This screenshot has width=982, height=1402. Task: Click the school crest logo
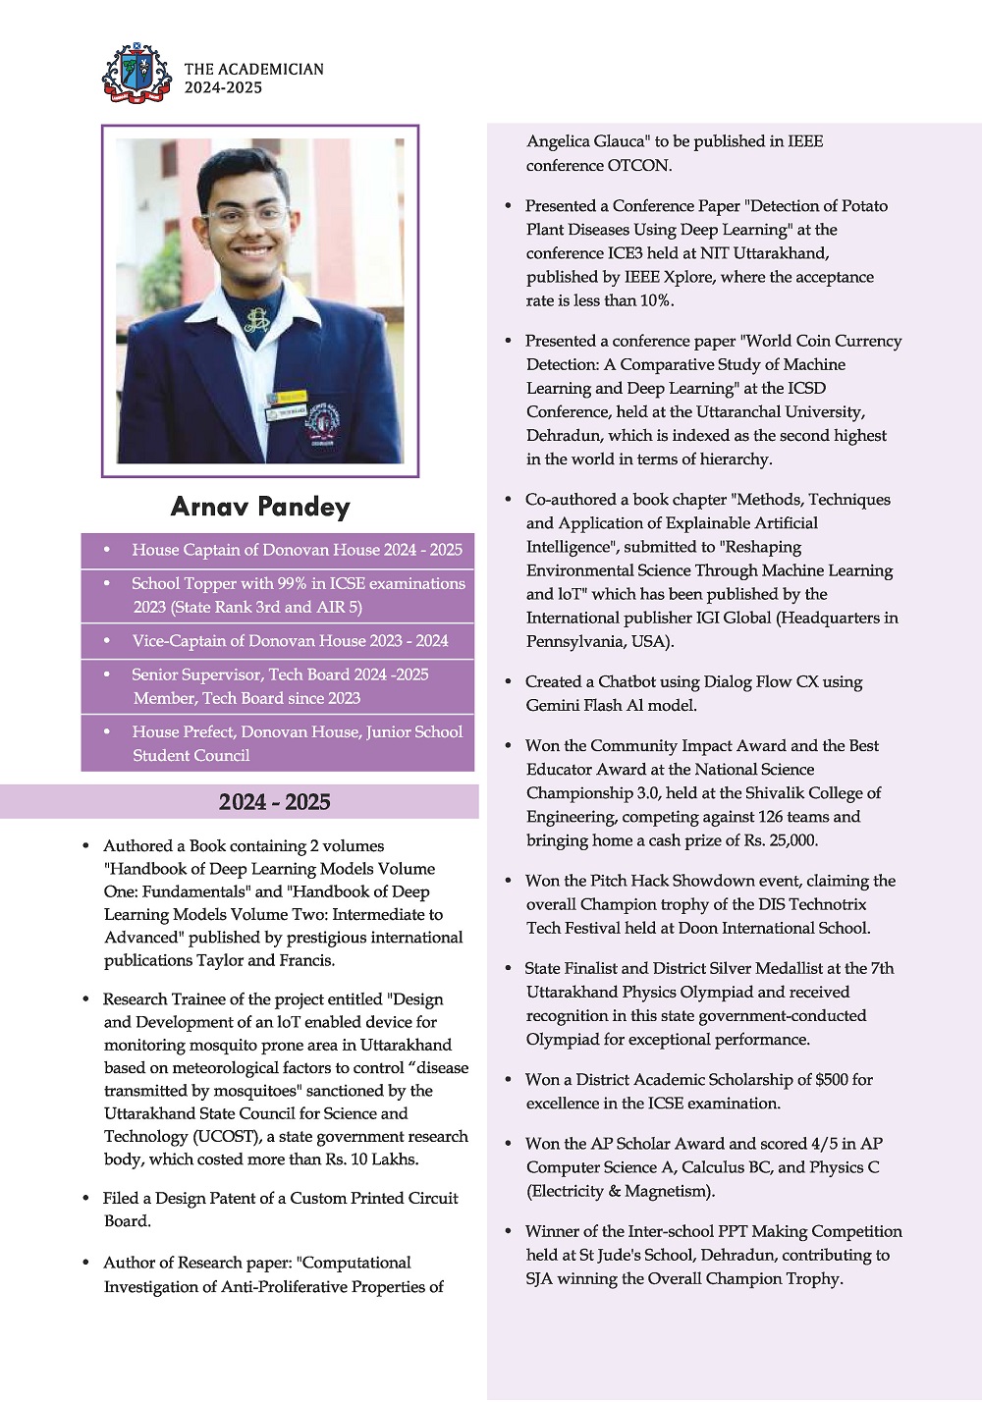[x=136, y=73]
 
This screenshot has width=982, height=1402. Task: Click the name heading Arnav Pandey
[x=260, y=507]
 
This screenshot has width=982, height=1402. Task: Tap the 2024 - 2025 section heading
[x=274, y=802]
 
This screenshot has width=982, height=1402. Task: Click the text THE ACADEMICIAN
[x=253, y=69]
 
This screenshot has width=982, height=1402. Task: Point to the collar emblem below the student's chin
[x=257, y=320]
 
